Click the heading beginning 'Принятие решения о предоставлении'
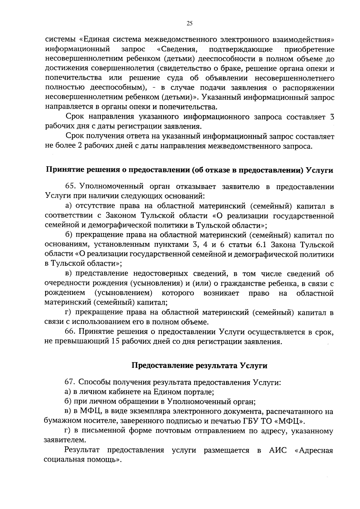pyautogui.click(x=189, y=170)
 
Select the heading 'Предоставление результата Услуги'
pyautogui.click(x=199, y=366)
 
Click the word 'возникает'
pyautogui.click(x=221, y=293)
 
